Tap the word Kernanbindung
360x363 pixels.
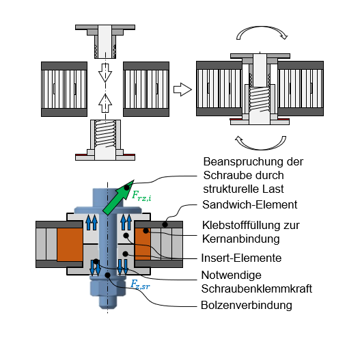pyautogui.click(x=242, y=239)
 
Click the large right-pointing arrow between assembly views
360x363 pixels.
pyautogui.click(x=181, y=89)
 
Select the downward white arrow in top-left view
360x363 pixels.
pyautogui.click(x=105, y=70)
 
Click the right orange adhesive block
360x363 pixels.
pyautogui.click(x=144, y=243)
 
